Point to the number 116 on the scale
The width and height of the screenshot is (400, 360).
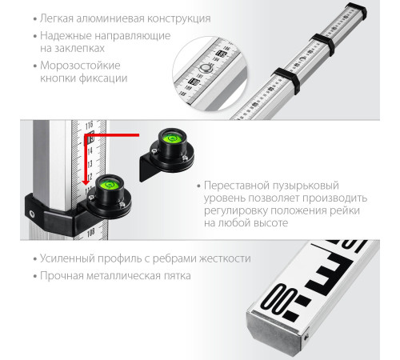[x=89, y=124]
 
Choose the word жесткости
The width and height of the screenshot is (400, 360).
[x=223, y=259]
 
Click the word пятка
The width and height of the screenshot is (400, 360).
[x=174, y=277]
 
